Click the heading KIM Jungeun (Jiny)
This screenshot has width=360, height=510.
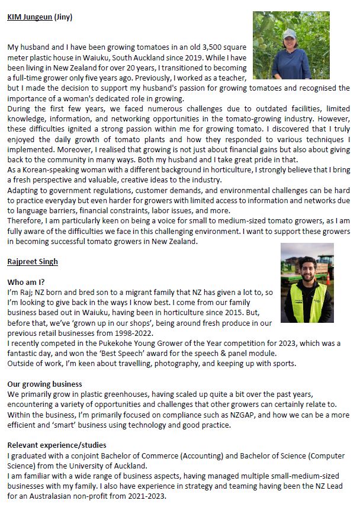pos(40,17)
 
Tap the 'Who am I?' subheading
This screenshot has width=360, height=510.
pos(25,282)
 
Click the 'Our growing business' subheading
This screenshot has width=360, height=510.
pos(44,384)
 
